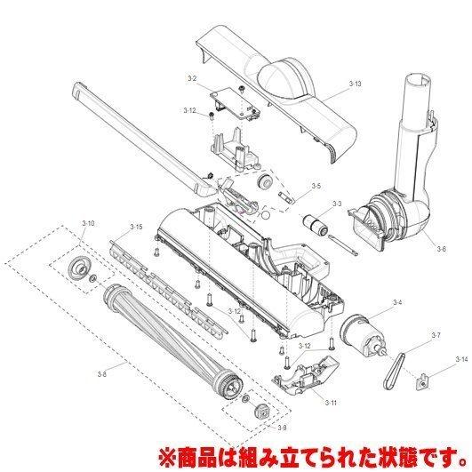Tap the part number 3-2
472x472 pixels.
(191, 80)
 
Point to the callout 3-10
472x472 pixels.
(87, 221)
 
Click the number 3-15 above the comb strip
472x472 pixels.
(136, 228)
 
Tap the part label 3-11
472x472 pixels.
(331, 403)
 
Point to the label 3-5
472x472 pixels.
(316, 187)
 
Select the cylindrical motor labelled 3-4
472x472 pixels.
(364, 337)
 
